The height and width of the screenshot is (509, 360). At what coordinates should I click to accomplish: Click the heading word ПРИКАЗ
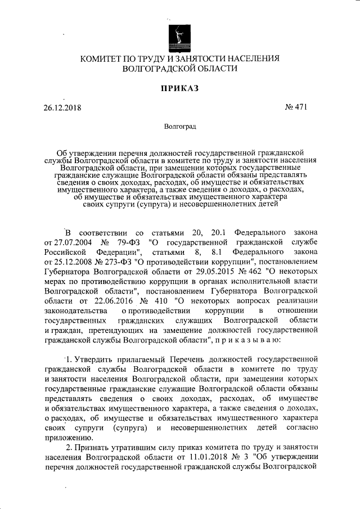179,88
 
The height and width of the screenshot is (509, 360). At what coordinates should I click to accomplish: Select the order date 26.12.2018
62,107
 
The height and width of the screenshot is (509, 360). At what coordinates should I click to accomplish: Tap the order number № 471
296,107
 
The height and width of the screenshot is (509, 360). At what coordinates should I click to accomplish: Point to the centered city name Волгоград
179,127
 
